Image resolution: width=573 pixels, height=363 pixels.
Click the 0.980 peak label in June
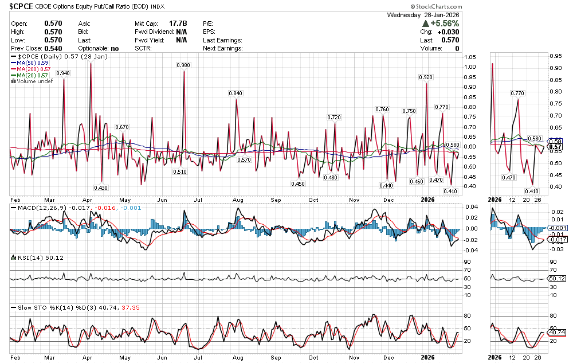coord(183,66)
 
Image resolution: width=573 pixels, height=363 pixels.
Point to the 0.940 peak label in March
coord(63,73)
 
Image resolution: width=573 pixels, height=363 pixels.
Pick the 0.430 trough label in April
coord(101,188)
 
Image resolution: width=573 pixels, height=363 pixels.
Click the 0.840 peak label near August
coord(236,93)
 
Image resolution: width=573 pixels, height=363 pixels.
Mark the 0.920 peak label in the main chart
coord(426,77)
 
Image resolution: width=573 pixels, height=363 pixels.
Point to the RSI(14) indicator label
coord(28,258)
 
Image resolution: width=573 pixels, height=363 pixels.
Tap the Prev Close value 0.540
coord(53,49)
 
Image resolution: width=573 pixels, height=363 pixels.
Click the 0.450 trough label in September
coord(298,184)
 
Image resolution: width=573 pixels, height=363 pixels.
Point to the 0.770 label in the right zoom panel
coord(517,93)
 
